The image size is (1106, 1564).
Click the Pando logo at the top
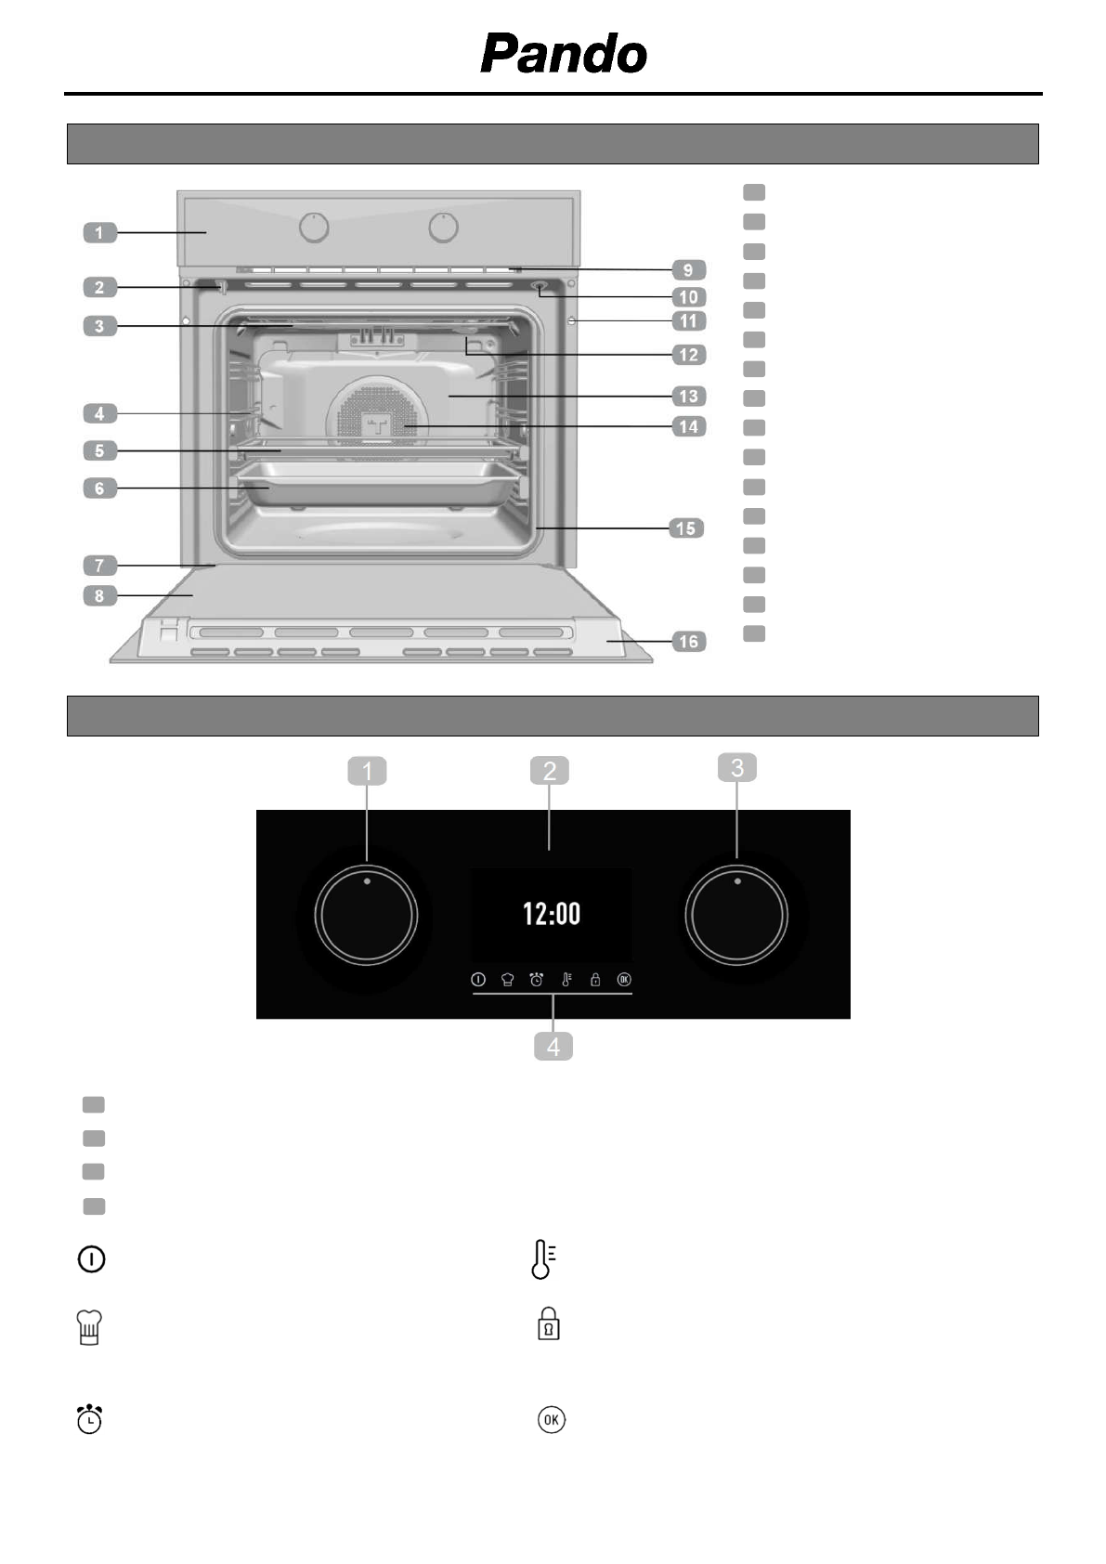coord(564,54)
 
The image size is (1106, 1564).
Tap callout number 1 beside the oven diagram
coord(100,232)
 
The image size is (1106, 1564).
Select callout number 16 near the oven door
coord(688,642)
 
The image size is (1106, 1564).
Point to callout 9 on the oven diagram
coord(688,269)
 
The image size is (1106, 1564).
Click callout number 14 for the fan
coord(688,426)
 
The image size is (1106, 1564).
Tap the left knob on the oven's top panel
coord(314,228)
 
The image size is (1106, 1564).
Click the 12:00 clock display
coord(552,914)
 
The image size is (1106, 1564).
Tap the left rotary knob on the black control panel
coord(366,916)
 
